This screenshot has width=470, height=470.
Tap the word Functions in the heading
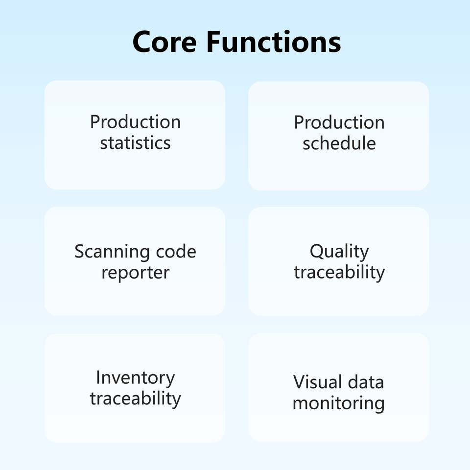click(273, 42)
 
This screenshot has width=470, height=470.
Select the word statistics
click(135, 143)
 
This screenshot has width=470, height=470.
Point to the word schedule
click(339, 143)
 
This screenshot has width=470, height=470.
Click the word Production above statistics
click(135, 122)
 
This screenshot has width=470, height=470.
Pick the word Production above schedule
click(339, 122)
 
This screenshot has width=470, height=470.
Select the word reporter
click(135, 273)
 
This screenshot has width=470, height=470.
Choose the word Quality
click(339, 252)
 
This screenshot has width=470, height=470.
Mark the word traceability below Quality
click(339, 272)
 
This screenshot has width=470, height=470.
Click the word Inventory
click(135, 378)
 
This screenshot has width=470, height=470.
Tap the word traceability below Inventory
click(135, 399)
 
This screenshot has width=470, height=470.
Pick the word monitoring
click(339, 403)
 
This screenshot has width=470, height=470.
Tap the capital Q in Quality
click(316, 252)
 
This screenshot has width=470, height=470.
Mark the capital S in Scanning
click(80, 252)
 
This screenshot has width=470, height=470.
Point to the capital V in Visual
click(299, 382)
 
